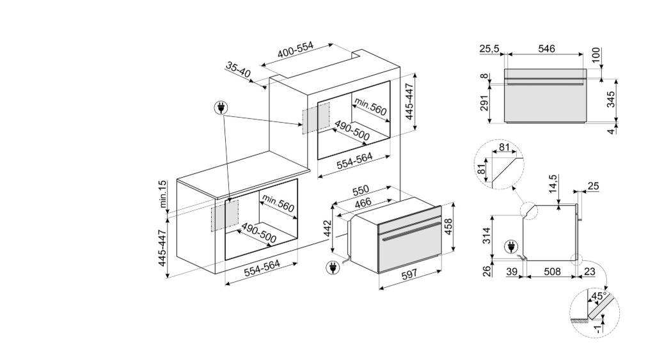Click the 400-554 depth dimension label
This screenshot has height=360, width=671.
(x=296, y=50)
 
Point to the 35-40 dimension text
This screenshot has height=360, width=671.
(x=238, y=69)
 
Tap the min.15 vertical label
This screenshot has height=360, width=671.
(x=162, y=194)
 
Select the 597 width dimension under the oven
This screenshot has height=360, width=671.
(x=409, y=274)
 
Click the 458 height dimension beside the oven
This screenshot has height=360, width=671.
(x=448, y=226)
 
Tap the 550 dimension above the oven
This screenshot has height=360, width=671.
(x=360, y=190)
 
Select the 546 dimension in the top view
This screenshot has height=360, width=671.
(x=546, y=49)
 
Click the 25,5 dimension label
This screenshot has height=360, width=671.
(x=489, y=49)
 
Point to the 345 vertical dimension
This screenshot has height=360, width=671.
(x=611, y=100)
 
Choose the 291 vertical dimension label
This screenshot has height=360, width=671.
(x=484, y=102)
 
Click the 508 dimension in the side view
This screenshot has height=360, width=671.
(x=552, y=272)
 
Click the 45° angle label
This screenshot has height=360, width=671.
(x=598, y=296)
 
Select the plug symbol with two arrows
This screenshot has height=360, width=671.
(x=221, y=107)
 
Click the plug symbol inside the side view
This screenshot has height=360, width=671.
(x=511, y=247)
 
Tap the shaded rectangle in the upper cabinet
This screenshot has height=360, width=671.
(x=316, y=118)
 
